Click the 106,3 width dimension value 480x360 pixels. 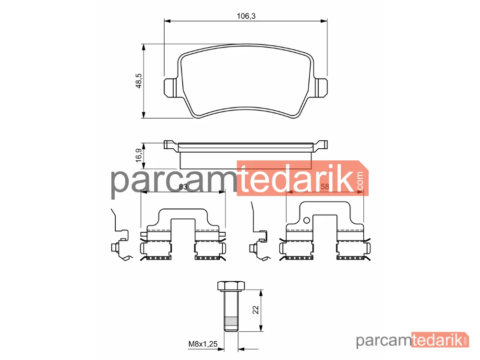click(x=246, y=16)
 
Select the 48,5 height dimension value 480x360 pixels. click(x=139, y=81)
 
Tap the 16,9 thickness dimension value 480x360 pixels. click(x=139, y=155)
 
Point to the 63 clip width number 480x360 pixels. click(x=183, y=187)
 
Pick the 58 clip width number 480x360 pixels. click(x=324, y=186)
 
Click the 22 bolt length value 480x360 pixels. click(x=256, y=310)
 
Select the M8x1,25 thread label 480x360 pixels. click(x=203, y=344)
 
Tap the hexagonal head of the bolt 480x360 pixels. click(x=231, y=286)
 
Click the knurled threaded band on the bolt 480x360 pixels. click(x=231, y=322)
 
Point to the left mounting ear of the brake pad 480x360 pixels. click(x=170, y=88)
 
